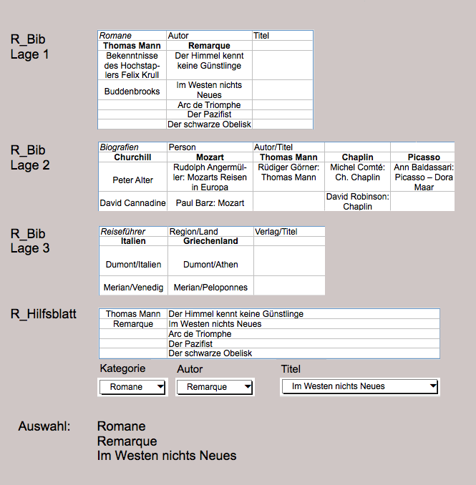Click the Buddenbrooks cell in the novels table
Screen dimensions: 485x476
pyautogui.click(x=132, y=92)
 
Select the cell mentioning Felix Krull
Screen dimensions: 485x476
pyautogui.click(x=132, y=65)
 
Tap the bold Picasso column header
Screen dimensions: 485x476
pyautogui.click(x=424, y=157)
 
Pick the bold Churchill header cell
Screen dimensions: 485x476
pyautogui.click(x=132, y=157)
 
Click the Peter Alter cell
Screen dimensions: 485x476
pyautogui.click(x=132, y=180)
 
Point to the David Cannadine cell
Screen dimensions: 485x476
pyautogui.click(x=132, y=203)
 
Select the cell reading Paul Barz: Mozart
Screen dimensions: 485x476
pyautogui.click(x=210, y=203)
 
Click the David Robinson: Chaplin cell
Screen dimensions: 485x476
pyautogui.click(x=357, y=201)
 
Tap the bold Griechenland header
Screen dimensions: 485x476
pyautogui.click(x=210, y=241)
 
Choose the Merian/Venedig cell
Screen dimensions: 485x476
pyautogui.click(x=134, y=288)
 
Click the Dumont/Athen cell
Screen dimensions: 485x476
pyautogui.click(x=210, y=265)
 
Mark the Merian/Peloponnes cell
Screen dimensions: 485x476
pyautogui.click(x=210, y=288)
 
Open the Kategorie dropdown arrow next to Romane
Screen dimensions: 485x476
pyautogui.click(x=160, y=387)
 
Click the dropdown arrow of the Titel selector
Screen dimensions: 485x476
pyautogui.click(x=432, y=386)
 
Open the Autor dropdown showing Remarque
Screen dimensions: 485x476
pyautogui.click(x=246, y=387)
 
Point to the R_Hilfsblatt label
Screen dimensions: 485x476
pyautogui.click(x=44, y=313)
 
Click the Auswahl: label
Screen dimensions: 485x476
pyautogui.click(x=44, y=427)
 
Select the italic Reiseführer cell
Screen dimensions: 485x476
pyautogui.click(x=124, y=232)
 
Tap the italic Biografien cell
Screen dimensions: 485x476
pyautogui.click(x=119, y=147)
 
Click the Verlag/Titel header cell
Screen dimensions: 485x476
pyautogui.click(x=276, y=232)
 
